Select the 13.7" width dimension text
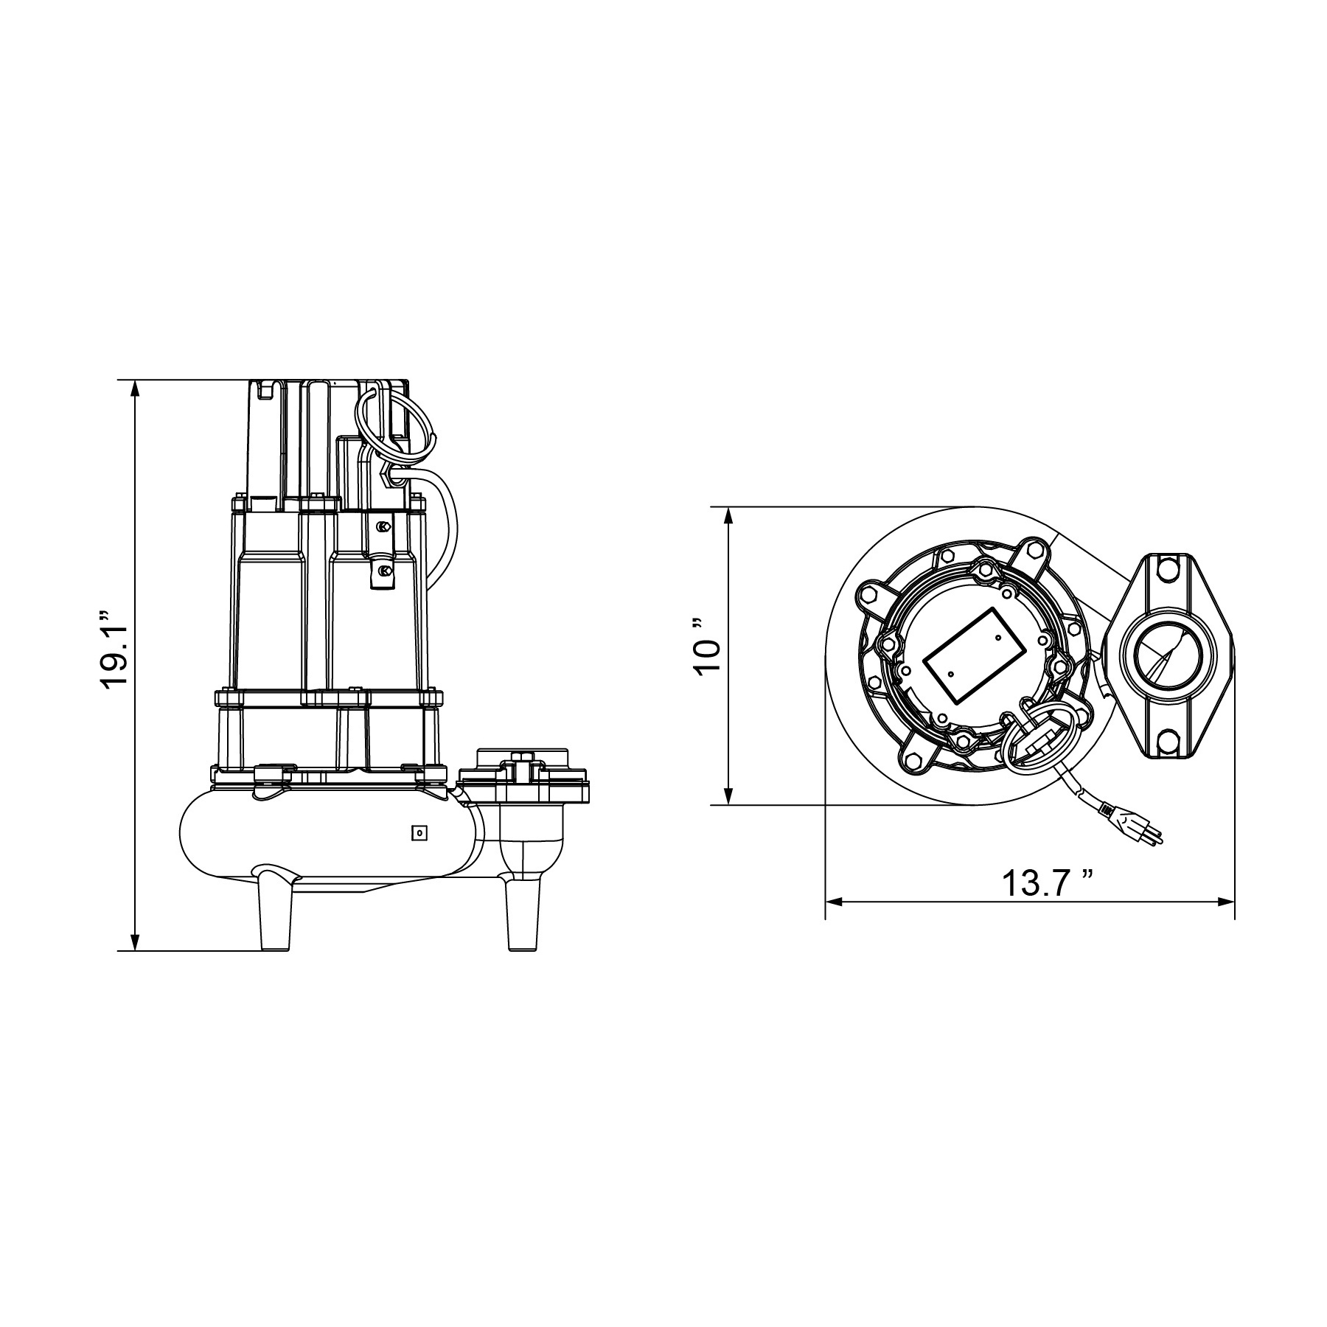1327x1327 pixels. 1047,883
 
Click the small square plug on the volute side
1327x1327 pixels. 419,832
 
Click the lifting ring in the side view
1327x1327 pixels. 393,420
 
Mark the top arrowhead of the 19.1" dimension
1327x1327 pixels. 135,387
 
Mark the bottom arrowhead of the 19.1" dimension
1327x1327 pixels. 135,944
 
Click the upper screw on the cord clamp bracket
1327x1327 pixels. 382,527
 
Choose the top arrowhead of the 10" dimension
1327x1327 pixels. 729,514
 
